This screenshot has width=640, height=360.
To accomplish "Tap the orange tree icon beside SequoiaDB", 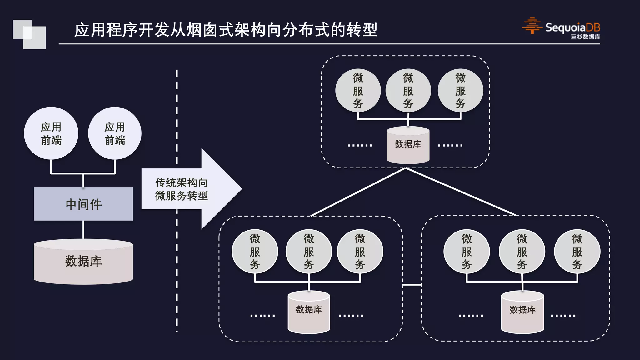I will [x=532, y=26].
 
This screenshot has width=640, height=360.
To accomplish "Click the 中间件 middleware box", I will [x=83, y=204].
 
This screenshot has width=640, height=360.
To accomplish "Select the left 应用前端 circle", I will [x=51, y=133].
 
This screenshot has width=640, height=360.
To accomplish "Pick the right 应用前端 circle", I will [x=115, y=133].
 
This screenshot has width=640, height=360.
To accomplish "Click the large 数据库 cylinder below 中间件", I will [x=83, y=262].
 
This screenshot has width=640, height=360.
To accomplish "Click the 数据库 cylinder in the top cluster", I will [x=408, y=145].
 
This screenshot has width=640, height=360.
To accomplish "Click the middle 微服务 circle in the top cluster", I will [x=408, y=91].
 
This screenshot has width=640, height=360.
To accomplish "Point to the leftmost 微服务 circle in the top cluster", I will [x=358, y=91].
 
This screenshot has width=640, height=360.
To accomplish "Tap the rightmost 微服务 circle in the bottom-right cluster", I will [x=577, y=252].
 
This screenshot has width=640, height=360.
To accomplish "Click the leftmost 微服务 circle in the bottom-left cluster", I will [x=255, y=252].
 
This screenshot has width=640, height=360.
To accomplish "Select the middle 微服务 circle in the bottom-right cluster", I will [x=522, y=252].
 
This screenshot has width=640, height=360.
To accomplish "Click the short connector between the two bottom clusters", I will [x=412, y=285].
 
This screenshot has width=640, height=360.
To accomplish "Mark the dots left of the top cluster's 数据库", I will [x=360, y=145].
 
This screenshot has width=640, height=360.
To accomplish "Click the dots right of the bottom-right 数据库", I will [x=563, y=316].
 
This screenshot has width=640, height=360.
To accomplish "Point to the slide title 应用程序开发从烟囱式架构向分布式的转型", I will [x=226, y=30].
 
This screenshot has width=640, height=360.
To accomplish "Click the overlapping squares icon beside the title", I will [x=29, y=34].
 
